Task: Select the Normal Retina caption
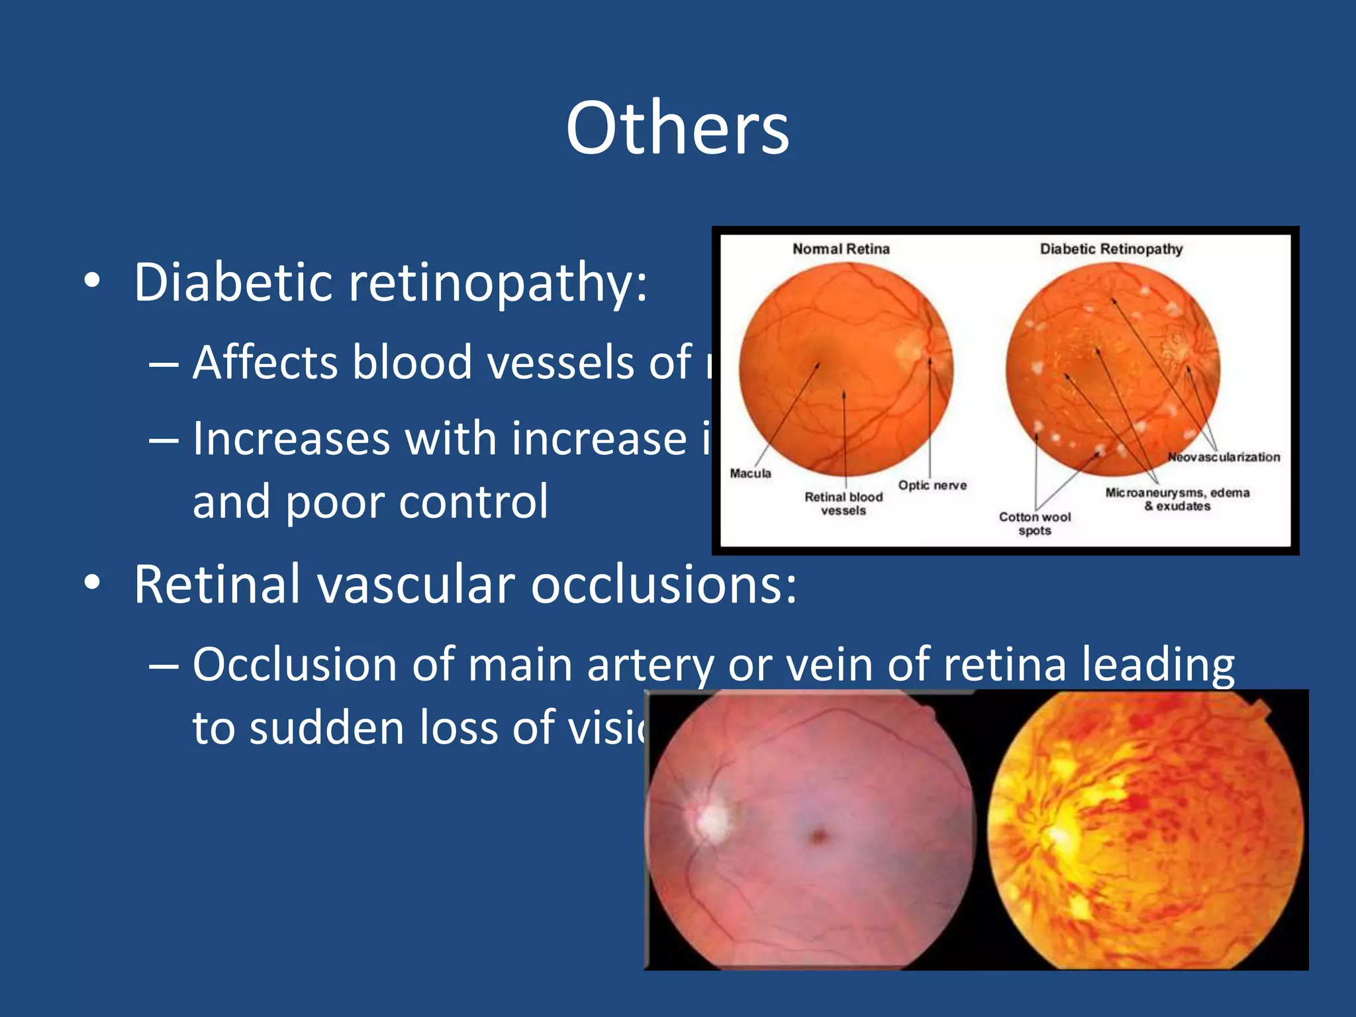click(x=841, y=249)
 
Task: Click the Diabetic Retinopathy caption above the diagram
click(x=1111, y=249)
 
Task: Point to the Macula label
click(x=750, y=473)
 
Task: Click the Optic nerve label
click(x=932, y=485)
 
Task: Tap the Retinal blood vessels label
click(x=844, y=503)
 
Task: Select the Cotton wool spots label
click(x=1035, y=523)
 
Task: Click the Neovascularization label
click(x=1224, y=457)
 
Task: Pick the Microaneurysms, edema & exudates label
click(x=1177, y=499)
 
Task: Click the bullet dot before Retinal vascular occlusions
click(x=93, y=583)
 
